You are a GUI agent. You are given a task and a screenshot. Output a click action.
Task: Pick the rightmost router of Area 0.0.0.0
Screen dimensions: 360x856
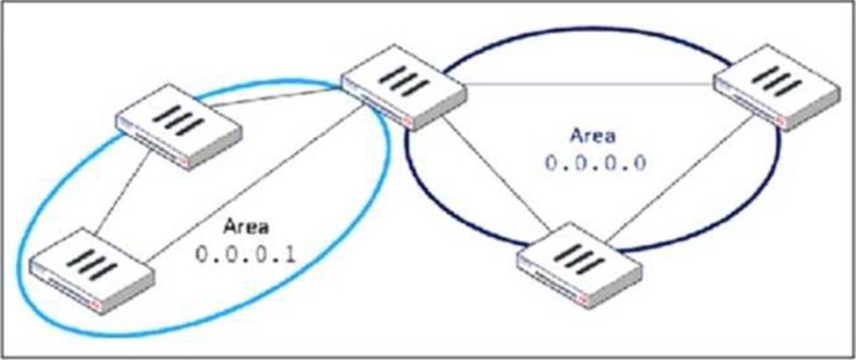point(774,88)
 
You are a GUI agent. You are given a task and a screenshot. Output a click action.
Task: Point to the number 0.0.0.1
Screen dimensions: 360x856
point(247,256)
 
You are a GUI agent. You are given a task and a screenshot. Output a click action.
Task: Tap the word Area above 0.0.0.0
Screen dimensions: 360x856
point(593,136)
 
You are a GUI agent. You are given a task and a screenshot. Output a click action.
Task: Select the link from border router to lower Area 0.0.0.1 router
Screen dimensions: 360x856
point(255,190)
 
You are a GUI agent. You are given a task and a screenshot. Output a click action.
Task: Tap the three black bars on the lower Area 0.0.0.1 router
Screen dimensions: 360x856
point(91,262)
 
